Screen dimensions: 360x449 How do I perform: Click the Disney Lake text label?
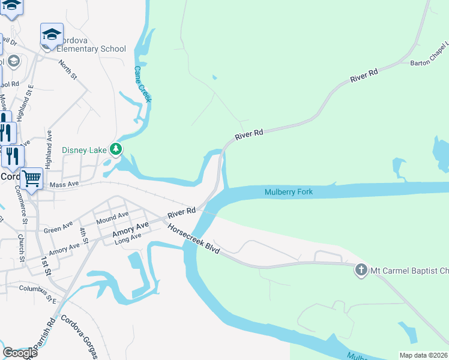click(85, 149)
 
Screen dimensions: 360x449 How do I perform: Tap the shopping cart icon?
click(31, 177)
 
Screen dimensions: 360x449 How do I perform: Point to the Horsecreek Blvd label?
click(193, 238)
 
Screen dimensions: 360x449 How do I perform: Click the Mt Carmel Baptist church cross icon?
click(361, 269)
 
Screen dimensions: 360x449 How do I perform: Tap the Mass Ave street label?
click(64, 185)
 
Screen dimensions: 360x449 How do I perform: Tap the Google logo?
click(20, 352)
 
